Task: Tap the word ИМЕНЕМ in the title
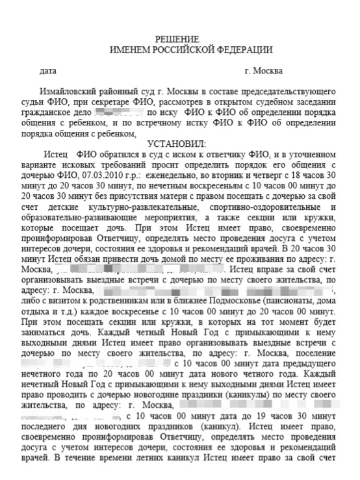[x=131, y=49]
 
